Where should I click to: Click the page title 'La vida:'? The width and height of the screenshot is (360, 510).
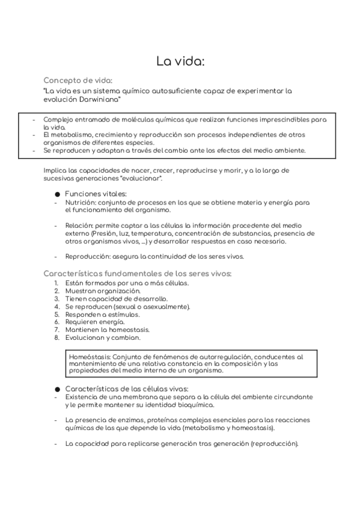pyautogui.click(x=180, y=61)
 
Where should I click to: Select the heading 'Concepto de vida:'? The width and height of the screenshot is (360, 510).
pyautogui.click(x=78, y=80)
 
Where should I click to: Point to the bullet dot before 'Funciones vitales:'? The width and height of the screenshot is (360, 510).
pyautogui.click(x=57, y=195)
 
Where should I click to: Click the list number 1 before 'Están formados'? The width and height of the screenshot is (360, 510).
pyautogui.click(x=55, y=283)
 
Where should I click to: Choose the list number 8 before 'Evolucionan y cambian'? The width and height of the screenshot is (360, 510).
pyautogui.click(x=56, y=337)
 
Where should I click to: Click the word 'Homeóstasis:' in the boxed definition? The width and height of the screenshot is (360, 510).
pyautogui.click(x=91, y=356)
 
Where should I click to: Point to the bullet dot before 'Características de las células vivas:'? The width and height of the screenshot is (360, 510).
pyautogui.click(x=57, y=389)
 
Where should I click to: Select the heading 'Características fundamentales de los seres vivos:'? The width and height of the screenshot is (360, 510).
pyautogui.click(x=138, y=273)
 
